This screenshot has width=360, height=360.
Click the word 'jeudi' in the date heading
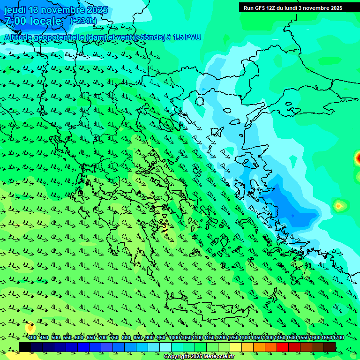[15, 10]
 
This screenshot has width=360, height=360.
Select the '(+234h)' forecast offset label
[83, 21]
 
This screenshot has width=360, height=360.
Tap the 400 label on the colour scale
[32, 338]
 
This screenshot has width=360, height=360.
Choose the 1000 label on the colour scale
[174, 338]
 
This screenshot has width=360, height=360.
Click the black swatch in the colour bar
[25, 347]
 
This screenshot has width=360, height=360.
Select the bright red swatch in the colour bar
[283, 347]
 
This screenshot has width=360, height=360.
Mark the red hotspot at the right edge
[358, 157]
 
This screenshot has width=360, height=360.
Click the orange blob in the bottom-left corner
[30, 326]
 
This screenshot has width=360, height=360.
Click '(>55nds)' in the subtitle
[149, 37]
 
